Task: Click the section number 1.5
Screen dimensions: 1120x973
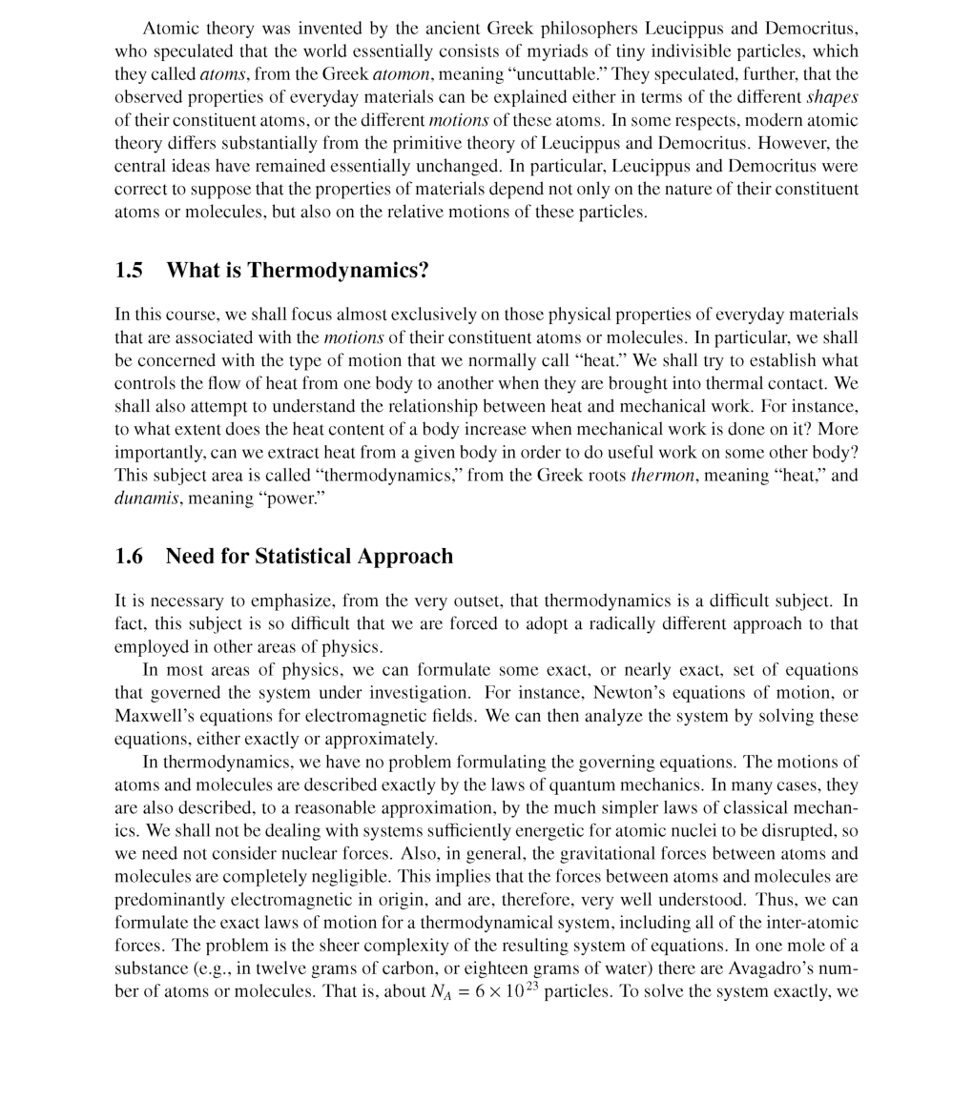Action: click(129, 271)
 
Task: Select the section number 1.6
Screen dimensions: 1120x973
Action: click(129, 557)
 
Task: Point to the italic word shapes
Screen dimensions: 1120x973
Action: click(832, 97)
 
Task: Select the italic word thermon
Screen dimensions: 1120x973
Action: click(662, 476)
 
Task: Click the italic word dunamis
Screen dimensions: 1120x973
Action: click(146, 499)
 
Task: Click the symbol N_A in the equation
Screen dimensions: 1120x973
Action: click(440, 992)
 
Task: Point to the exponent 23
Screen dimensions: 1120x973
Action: click(531, 987)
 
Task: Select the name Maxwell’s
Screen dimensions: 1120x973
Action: click(152, 716)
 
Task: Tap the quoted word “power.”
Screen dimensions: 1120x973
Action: click(292, 499)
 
